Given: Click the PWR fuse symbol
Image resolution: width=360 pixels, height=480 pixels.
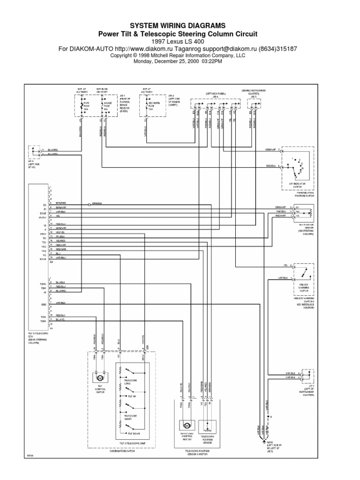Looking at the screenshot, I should click(x=83, y=105).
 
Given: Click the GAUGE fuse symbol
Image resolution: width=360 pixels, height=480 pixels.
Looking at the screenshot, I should click(x=102, y=105).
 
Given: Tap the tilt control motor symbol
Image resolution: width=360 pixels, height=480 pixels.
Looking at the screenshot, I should click(x=99, y=377).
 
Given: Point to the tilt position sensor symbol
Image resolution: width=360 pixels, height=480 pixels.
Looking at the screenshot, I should click(x=308, y=213).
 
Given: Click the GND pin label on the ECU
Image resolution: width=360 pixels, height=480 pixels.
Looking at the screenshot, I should click(x=43, y=304).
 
